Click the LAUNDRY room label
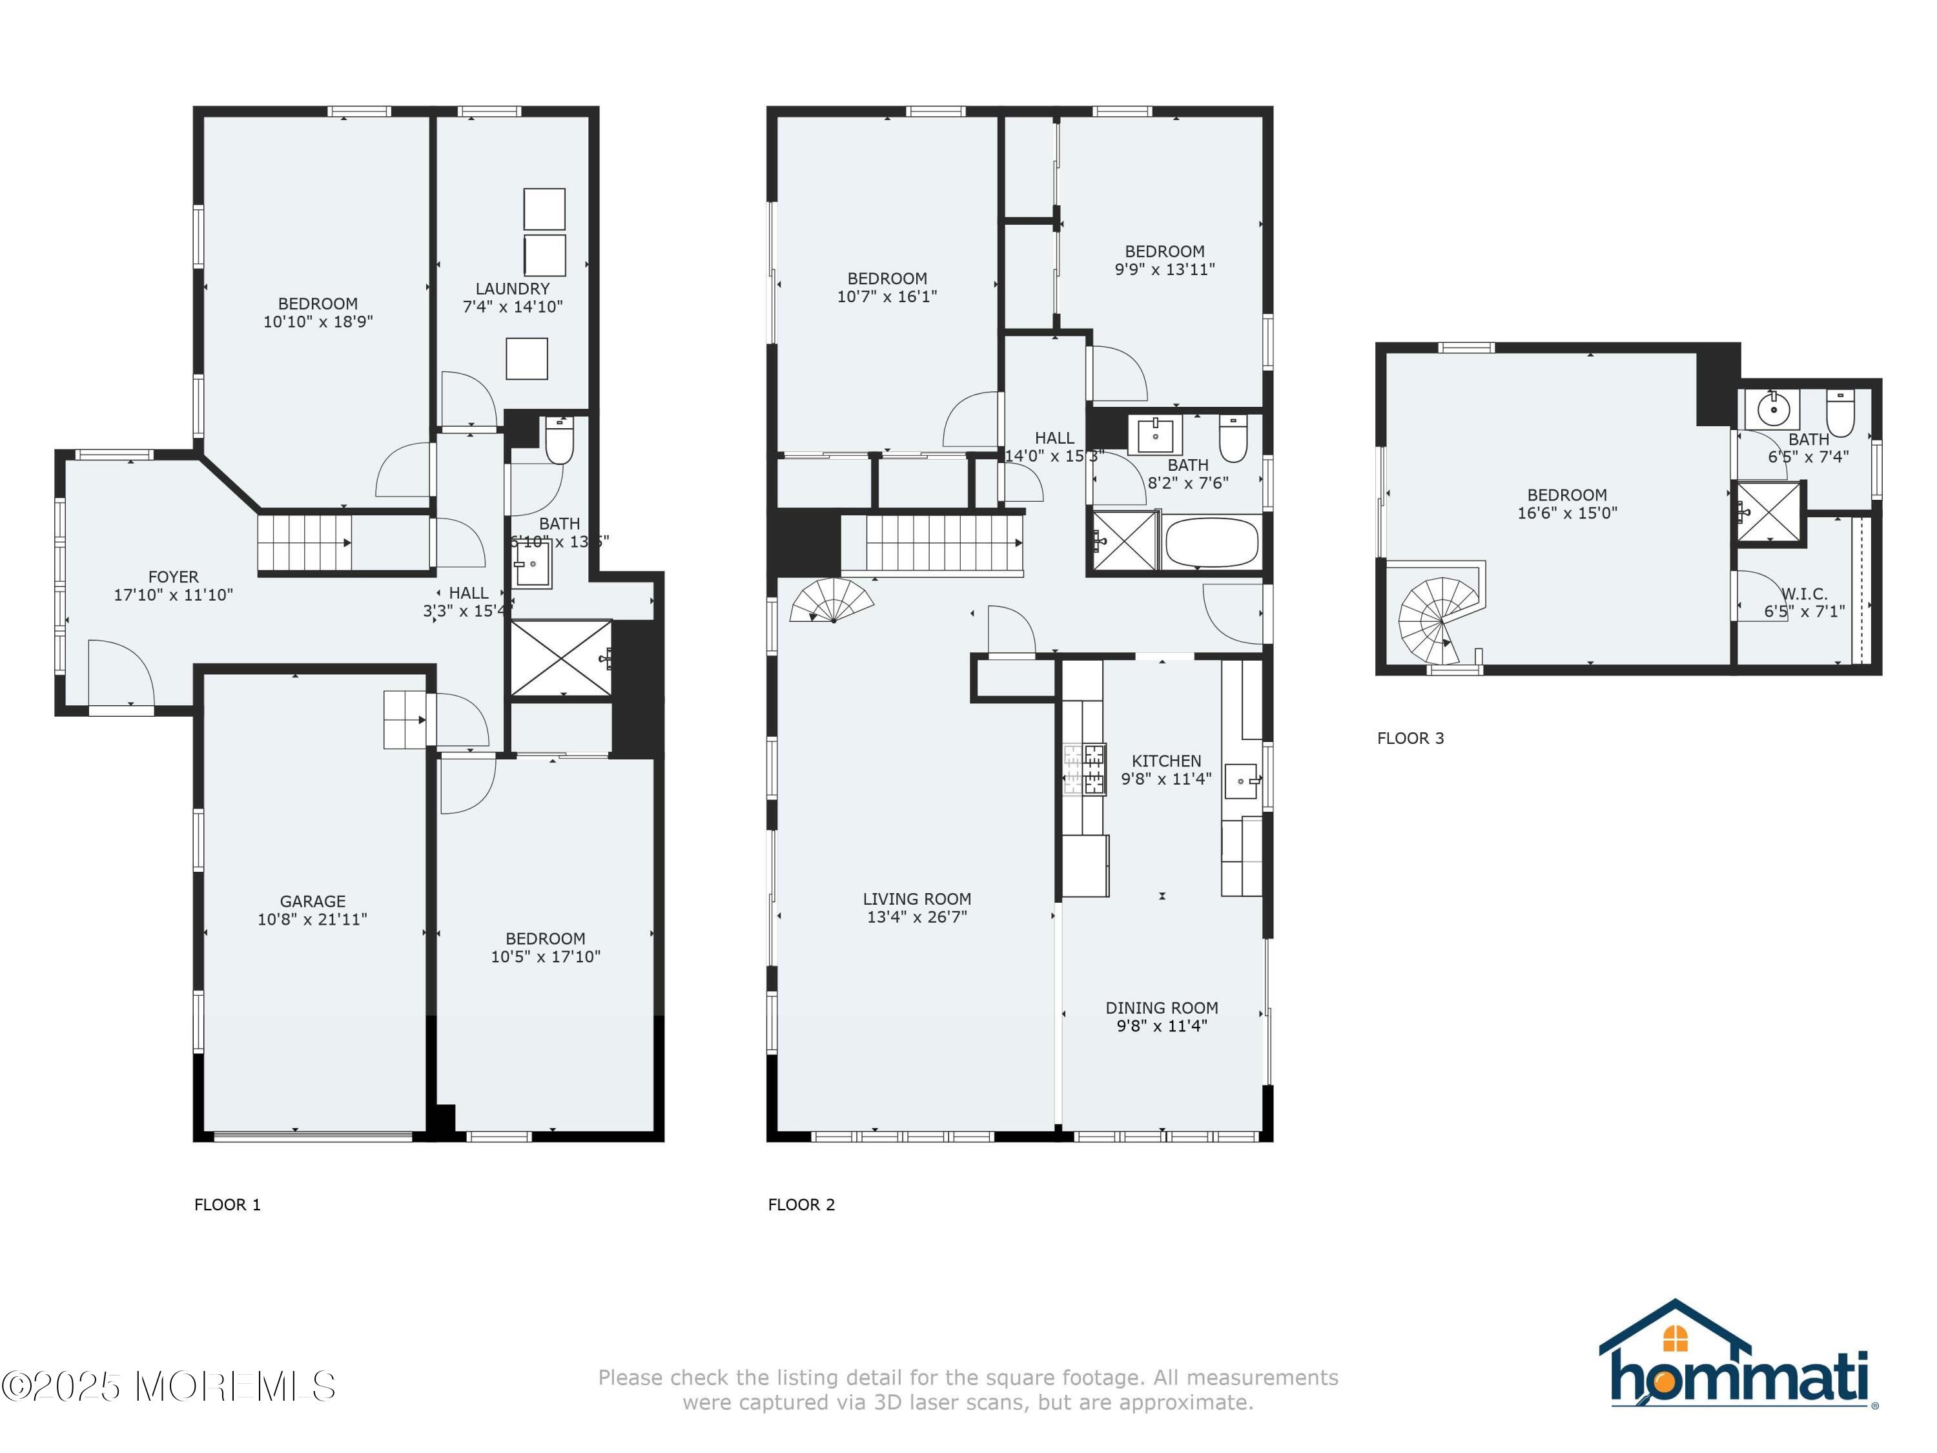point(512,288)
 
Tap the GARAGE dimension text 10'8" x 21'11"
point(312,919)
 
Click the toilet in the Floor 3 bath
point(1840,413)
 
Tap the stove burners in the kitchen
point(1084,768)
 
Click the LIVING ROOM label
point(916,899)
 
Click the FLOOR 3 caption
point(1410,738)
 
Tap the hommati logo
point(1737,1357)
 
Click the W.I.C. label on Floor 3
point(1804,593)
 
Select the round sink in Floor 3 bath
point(1773,408)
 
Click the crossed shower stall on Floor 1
point(560,659)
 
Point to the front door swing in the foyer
point(120,670)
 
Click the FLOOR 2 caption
point(801,1204)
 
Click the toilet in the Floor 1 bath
point(559,440)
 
